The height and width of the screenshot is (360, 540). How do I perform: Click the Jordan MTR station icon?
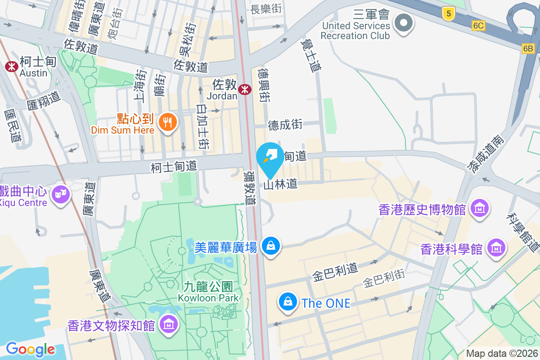[245, 90]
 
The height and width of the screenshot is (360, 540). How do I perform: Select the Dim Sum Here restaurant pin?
[167, 121]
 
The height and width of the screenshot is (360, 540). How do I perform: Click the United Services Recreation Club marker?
[404, 22]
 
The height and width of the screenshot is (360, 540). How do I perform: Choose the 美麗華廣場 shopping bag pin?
[271, 246]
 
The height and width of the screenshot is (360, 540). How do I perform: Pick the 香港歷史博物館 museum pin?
[480, 208]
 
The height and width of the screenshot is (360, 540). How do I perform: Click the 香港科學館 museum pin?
[497, 247]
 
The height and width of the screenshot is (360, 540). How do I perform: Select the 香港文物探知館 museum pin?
[168, 324]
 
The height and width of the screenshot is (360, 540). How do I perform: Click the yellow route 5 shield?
[448, 14]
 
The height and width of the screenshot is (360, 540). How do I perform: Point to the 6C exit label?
[478, 26]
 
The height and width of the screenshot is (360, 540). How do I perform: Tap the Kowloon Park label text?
[208, 297]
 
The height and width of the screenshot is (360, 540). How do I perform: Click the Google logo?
[30, 349]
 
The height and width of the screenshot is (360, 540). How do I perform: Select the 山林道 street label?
[281, 184]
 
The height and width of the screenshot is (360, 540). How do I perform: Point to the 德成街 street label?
[285, 125]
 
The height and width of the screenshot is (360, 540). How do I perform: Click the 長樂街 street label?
[266, 8]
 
